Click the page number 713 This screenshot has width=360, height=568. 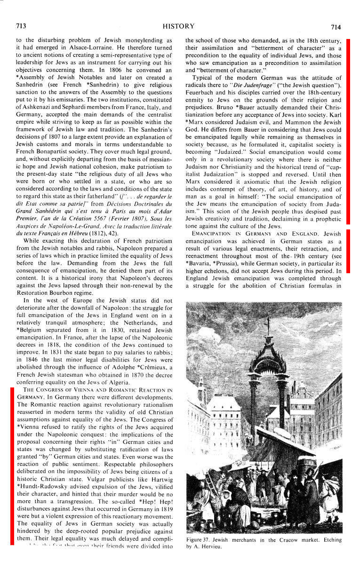20,26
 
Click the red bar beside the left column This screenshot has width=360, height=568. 11,466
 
